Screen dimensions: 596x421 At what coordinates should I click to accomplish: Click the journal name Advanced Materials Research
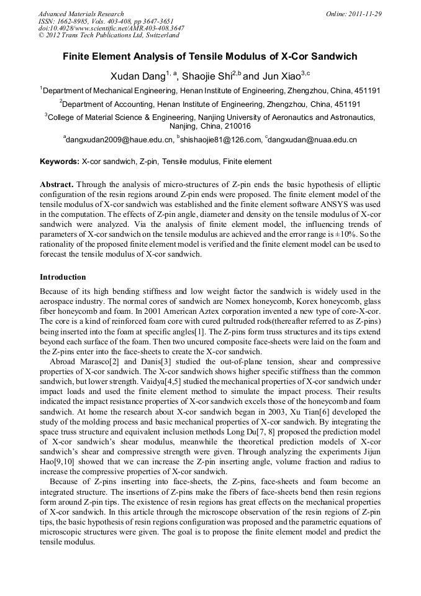81,14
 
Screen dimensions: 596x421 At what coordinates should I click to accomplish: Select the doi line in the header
111,29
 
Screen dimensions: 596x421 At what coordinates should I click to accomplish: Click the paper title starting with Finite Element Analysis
210,57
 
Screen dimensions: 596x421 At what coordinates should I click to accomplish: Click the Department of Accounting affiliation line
210,104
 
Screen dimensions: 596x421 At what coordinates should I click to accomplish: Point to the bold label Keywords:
60,162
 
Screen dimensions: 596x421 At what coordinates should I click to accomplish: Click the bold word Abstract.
57,185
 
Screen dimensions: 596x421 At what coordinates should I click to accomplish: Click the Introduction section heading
63,277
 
